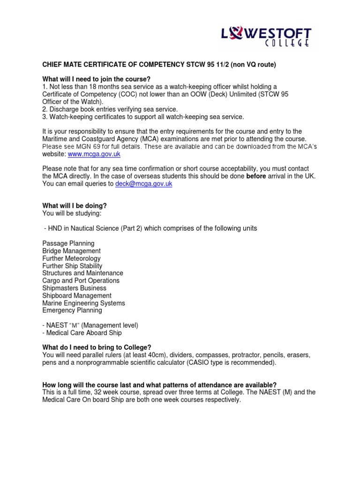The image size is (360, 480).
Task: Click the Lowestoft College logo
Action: tap(266, 37)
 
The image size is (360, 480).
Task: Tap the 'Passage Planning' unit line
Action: tap(68, 243)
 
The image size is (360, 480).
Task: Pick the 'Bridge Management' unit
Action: tap(71, 251)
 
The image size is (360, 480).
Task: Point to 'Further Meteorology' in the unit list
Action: tap(71, 258)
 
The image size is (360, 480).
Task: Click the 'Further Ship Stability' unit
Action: tap(72, 266)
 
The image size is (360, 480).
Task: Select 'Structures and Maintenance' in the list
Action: tap(82, 273)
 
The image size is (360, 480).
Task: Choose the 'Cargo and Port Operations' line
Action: tap(81, 280)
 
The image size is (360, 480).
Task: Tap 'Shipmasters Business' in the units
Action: tap(74, 288)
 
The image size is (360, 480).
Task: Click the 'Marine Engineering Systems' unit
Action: tap(83, 303)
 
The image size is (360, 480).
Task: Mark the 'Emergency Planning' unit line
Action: tap(72, 310)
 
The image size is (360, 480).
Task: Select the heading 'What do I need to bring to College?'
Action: tap(97, 347)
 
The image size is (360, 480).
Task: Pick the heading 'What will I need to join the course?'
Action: tap(100, 79)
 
